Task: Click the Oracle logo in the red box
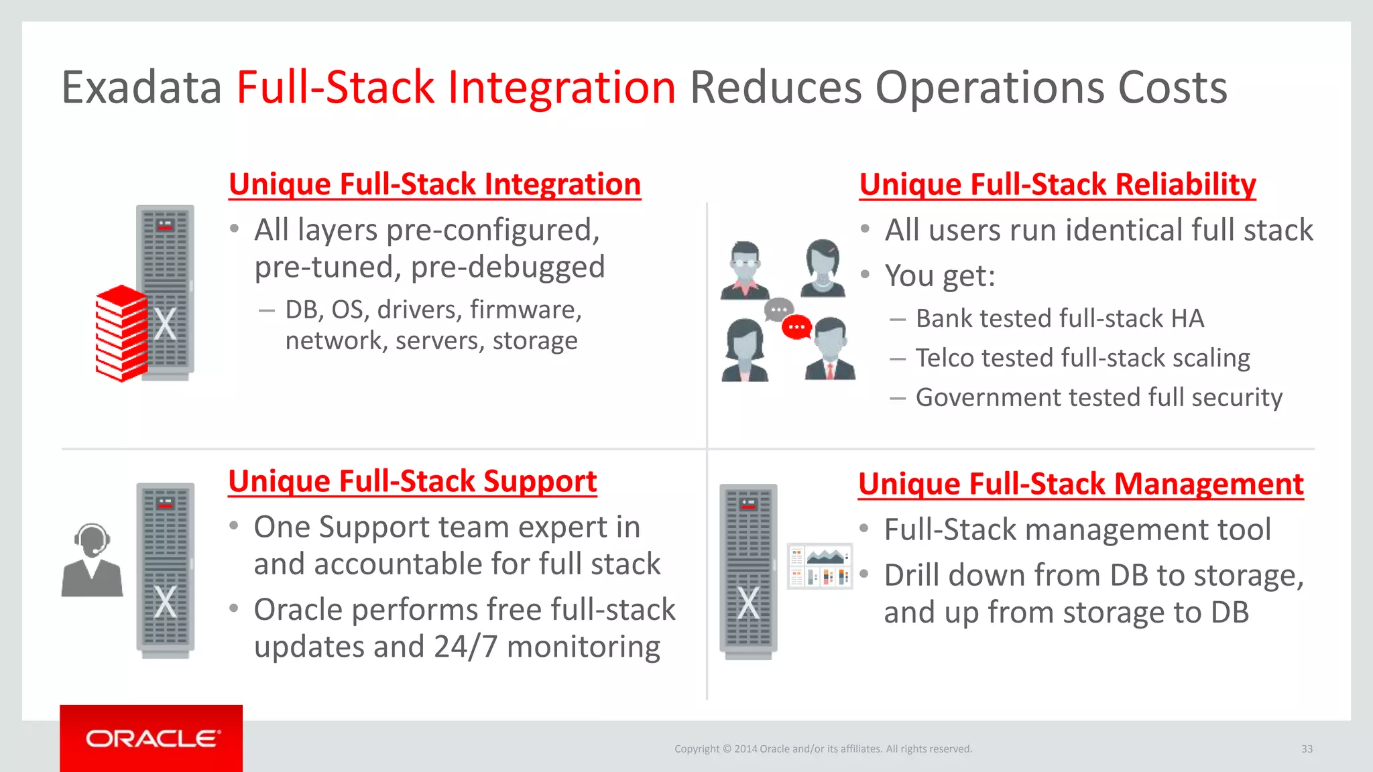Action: [x=152, y=738]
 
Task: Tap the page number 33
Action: [x=1307, y=749]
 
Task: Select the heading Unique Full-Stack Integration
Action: [x=434, y=184]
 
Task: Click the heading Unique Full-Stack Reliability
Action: [x=1057, y=184]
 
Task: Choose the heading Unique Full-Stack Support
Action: [x=412, y=481]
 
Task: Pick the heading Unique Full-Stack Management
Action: [x=1081, y=484]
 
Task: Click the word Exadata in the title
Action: [x=141, y=88]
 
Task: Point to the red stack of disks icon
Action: [x=121, y=333]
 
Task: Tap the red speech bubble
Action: [x=796, y=327]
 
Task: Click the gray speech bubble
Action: [x=778, y=310]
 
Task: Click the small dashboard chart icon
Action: [x=819, y=566]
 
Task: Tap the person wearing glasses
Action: [x=745, y=270]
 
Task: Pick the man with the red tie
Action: [x=830, y=350]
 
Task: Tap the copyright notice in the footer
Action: [x=823, y=749]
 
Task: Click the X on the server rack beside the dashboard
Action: [x=748, y=602]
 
